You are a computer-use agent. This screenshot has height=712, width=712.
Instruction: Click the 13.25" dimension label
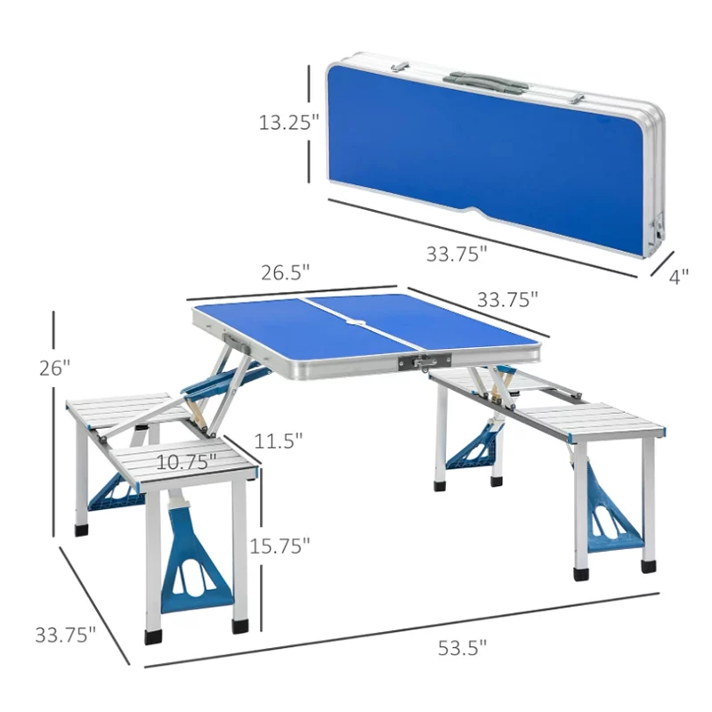[288, 122]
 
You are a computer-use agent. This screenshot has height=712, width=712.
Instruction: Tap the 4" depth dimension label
[679, 276]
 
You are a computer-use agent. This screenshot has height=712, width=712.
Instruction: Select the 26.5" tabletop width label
[285, 272]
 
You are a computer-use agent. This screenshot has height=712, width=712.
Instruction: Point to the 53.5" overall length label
[462, 648]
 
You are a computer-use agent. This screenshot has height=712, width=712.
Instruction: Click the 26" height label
[54, 368]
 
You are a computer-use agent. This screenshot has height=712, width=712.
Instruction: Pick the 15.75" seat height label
[279, 546]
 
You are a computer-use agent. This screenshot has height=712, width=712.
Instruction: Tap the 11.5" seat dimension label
[278, 441]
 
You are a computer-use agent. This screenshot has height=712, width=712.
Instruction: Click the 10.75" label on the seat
[186, 462]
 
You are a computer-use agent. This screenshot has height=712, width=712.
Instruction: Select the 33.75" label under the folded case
[457, 254]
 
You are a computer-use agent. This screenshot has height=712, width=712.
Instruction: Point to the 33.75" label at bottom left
[66, 635]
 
